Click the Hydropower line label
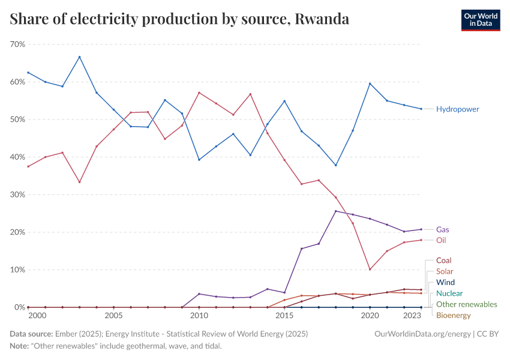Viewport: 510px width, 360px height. [458, 109]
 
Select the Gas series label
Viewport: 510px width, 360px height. [443, 230]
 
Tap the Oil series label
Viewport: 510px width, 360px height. [441, 240]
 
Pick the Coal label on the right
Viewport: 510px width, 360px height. [444, 260]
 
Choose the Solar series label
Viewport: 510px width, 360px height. [445, 272]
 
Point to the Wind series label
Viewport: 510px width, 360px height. [445, 283]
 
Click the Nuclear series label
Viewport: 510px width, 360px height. [449, 293]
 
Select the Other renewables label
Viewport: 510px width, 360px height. [467, 304]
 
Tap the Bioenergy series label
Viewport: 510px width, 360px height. [454, 315]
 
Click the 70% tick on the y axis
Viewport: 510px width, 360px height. [17, 44]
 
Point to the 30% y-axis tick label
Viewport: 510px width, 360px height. [17, 194]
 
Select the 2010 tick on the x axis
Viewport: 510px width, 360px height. [199, 316]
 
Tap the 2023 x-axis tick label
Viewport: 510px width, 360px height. [412, 316]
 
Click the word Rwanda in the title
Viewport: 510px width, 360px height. [322, 19]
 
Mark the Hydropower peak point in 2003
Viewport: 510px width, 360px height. [79, 57]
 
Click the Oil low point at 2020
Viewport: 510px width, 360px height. [370, 269]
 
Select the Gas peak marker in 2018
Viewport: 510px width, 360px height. [335, 211]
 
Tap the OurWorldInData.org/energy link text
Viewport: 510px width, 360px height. [421, 334]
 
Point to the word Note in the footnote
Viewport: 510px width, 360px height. [19, 346]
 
